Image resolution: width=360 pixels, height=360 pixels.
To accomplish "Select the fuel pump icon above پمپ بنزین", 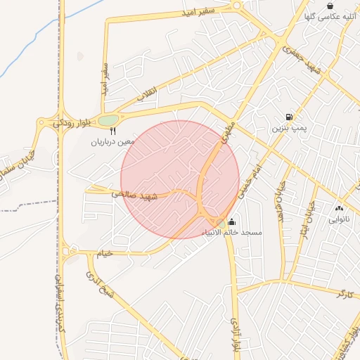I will pos(288,117).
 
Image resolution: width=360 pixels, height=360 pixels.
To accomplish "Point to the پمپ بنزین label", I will pos(289,129).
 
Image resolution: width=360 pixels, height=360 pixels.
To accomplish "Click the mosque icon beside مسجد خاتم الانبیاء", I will pos(233,222).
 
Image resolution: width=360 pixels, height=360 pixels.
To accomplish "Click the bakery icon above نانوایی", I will pos(340,208).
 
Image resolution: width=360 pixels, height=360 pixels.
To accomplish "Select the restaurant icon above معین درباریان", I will pos(112,131).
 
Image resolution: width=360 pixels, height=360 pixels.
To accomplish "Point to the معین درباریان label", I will pos(111,142).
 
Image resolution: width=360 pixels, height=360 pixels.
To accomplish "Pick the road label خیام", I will pos(104,254).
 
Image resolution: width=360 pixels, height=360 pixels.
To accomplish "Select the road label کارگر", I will pos(345,293).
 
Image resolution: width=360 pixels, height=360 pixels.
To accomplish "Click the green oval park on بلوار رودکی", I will pos(108,120).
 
